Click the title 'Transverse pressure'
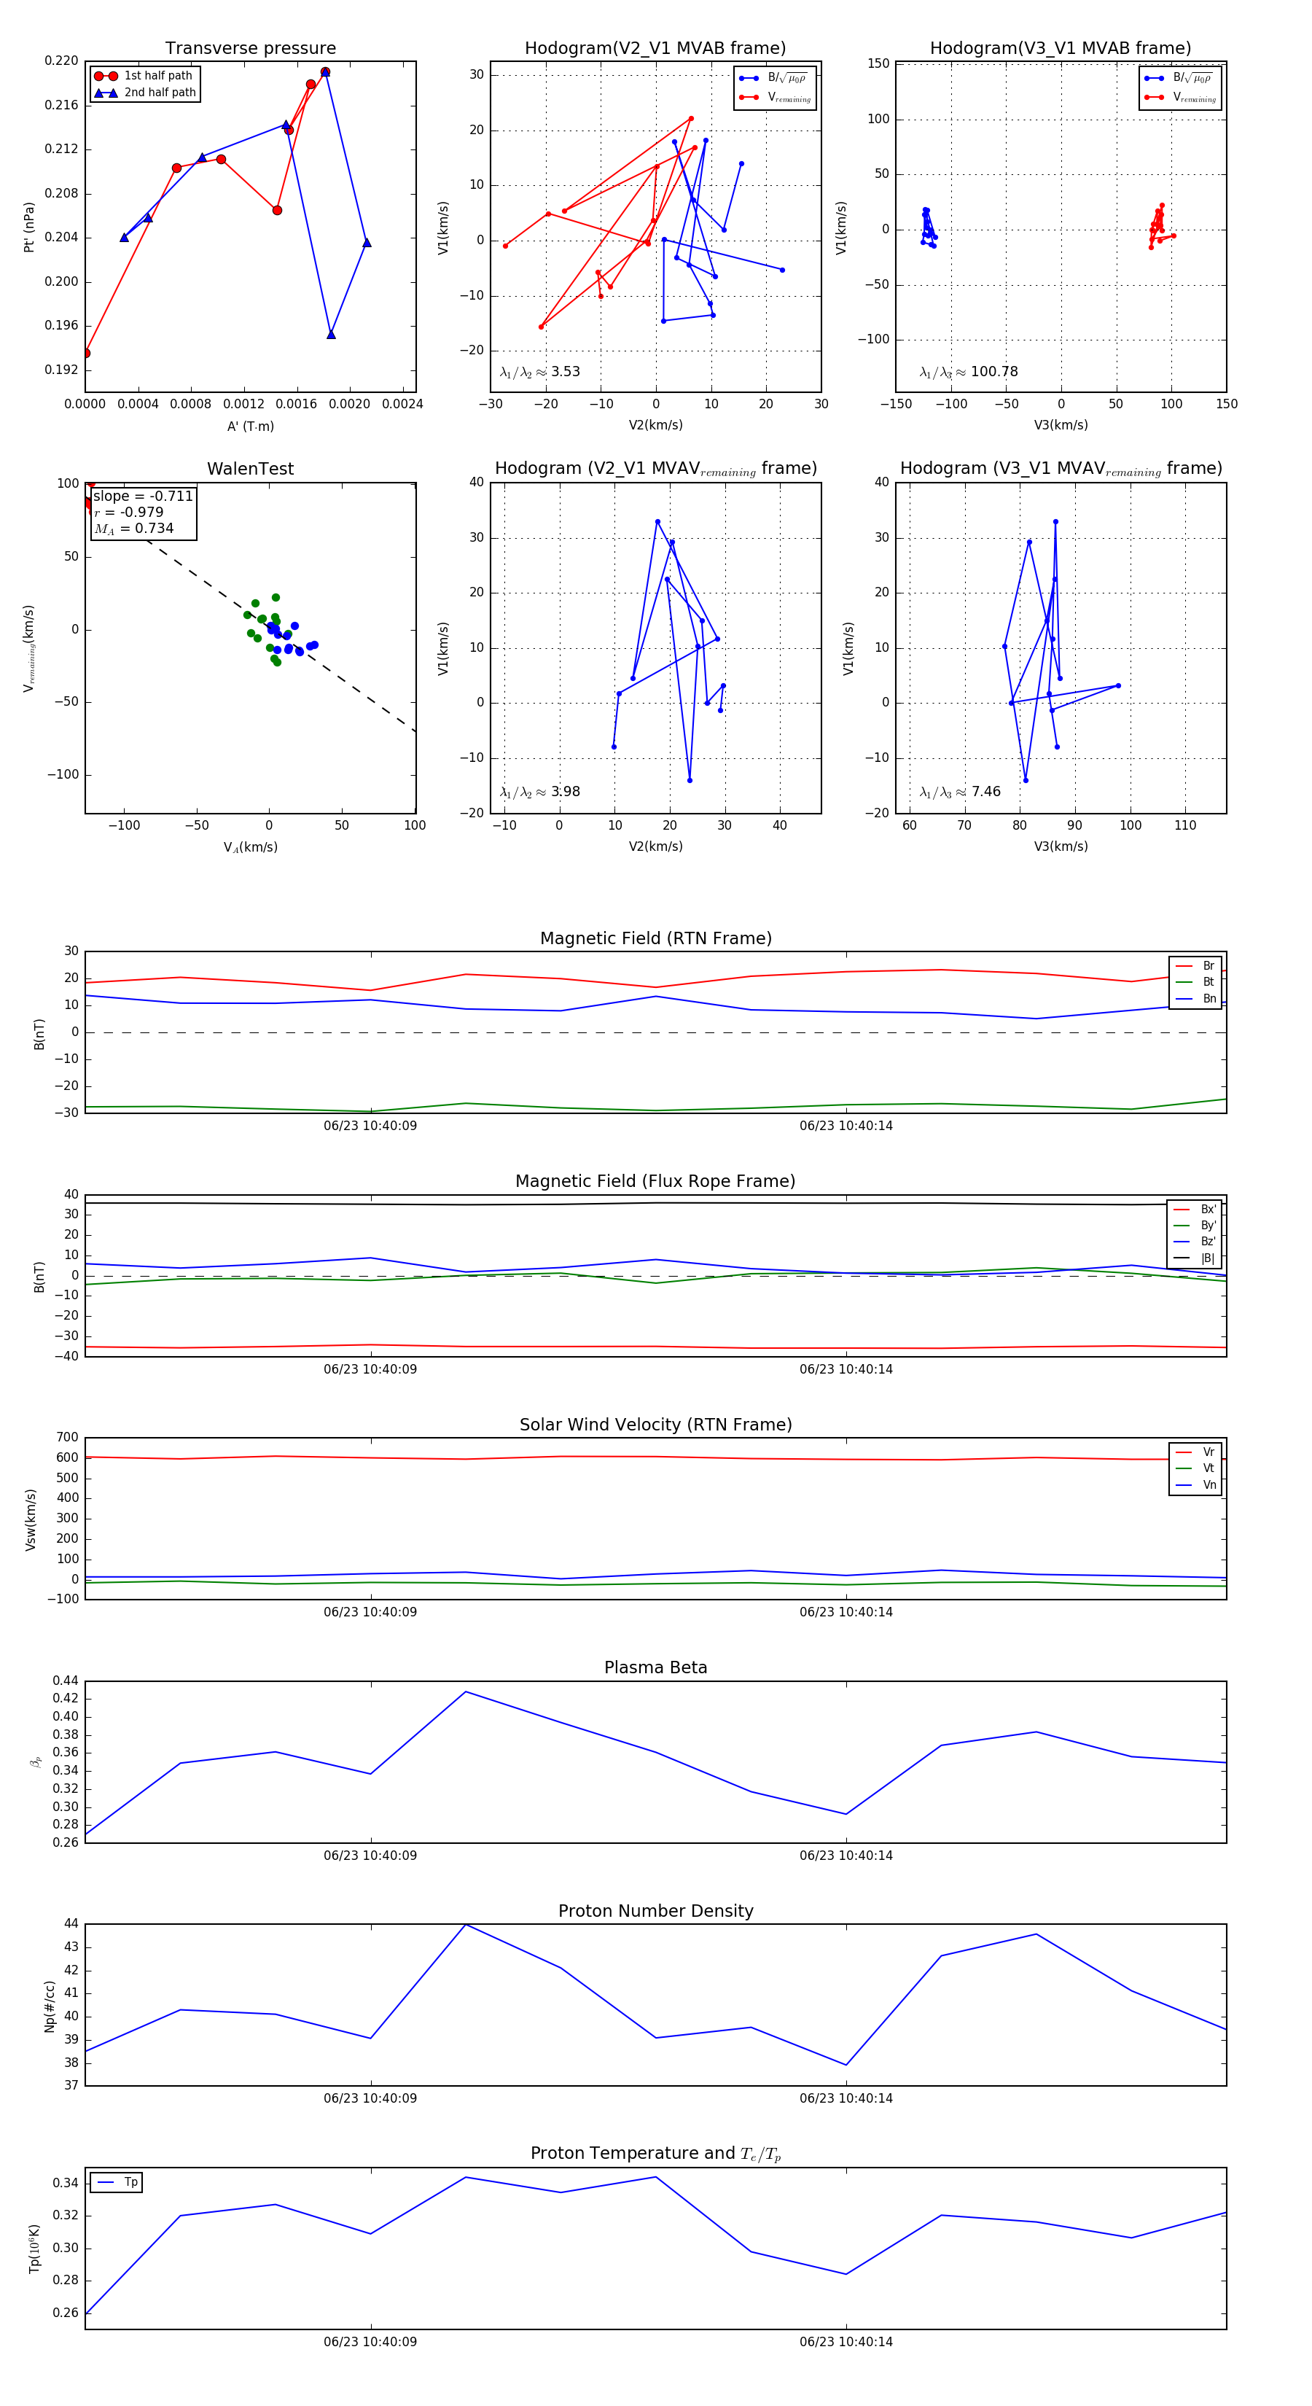pyautogui.click(x=250, y=49)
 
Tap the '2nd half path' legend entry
pyautogui.click(x=160, y=93)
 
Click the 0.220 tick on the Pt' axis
pyautogui.click(x=62, y=61)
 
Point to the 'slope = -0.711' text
pyautogui.click(x=143, y=496)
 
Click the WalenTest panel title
pyautogui.click(x=250, y=469)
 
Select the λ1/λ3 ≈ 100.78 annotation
pyautogui.click(x=969, y=372)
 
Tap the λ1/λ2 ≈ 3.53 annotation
pyautogui.click(x=539, y=372)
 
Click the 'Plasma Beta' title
pyautogui.click(x=655, y=1668)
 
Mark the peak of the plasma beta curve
pyautogui.click(x=466, y=1691)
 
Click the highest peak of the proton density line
pyautogui.click(x=466, y=1924)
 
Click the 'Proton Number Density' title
pyautogui.click(x=655, y=1911)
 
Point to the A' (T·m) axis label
pyautogui.click(x=250, y=427)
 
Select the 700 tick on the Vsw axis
pyautogui.click(x=67, y=1438)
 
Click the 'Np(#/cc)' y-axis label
pyautogui.click(x=50, y=2006)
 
